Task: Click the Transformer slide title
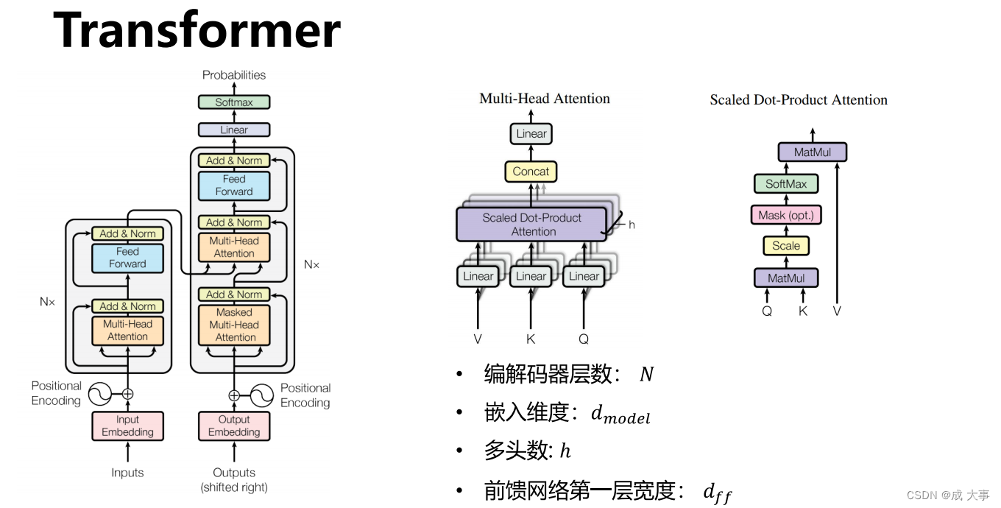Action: [197, 31]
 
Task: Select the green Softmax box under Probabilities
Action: [234, 102]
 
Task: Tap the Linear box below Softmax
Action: [234, 130]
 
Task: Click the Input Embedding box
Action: [127, 426]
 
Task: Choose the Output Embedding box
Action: [234, 426]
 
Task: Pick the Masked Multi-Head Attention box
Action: [234, 325]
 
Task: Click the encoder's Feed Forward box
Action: [127, 258]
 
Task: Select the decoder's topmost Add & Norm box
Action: [234, 160]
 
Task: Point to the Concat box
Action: [531, 172]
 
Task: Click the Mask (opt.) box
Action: [786, 215]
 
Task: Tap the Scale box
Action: [786, 246]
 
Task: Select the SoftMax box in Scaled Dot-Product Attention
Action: [786, 184]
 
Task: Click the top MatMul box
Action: [813, 152]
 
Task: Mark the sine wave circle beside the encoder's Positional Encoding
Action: [99, 394]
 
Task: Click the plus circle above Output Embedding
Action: [234, 395]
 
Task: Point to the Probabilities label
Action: [234, 75]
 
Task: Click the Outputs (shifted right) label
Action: [234, 480]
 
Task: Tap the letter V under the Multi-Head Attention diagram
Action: [478, 339]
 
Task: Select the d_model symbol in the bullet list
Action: [620, 414]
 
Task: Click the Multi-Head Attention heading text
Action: [545, 99]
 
